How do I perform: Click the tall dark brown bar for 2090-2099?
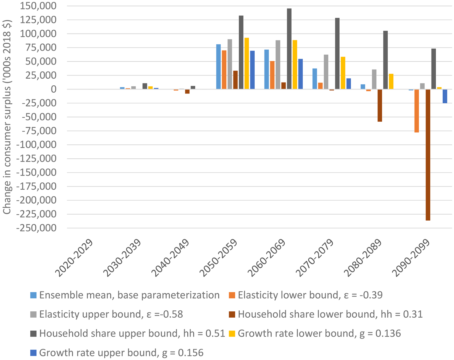tap(428, 155)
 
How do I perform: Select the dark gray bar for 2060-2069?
tap(289, 49)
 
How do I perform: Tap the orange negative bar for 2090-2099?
tap(417, 111)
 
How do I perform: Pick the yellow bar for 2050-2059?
tap(247, 64)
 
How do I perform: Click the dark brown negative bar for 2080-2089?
tap(380, 106)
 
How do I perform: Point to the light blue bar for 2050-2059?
tap(218, 67)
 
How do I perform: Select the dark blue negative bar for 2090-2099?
tap(445, 96)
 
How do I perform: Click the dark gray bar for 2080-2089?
tap(385, 60)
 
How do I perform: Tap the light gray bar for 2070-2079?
tap(326, 72)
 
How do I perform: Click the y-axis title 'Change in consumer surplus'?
tap(7, 117)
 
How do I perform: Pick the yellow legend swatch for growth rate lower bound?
tap(232, 333)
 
